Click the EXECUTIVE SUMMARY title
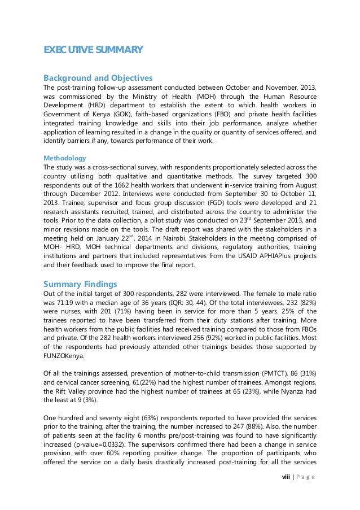point(93,51)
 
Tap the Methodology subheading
point(65,158)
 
